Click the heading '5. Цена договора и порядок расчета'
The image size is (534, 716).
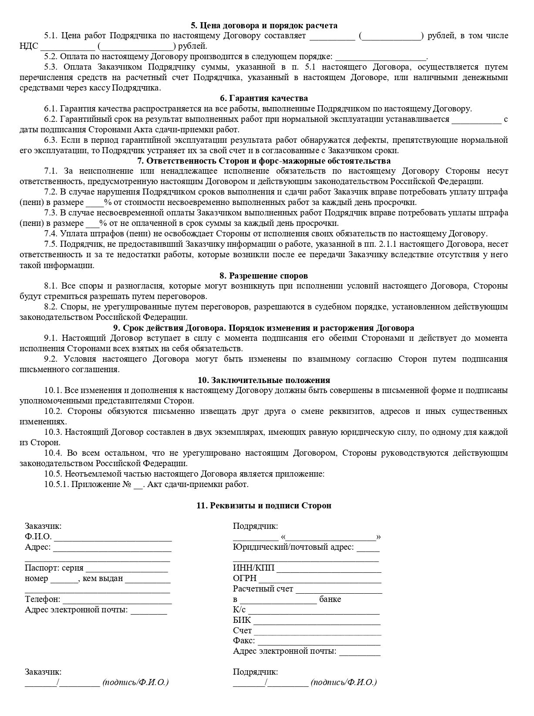click(264, 26)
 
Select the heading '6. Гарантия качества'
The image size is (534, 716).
click(264, 98)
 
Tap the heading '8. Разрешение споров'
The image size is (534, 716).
click(264, 276)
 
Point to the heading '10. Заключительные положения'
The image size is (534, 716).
click(264, 380)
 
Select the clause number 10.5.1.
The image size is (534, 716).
click(56, 484)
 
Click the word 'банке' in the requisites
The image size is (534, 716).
click(330, 600)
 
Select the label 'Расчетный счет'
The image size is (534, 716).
click(263, 589)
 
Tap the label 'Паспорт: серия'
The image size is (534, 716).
click(54, 568)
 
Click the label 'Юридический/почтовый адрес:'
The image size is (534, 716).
click(293, 548)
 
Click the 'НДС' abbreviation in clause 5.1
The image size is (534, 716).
click(29, 47)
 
